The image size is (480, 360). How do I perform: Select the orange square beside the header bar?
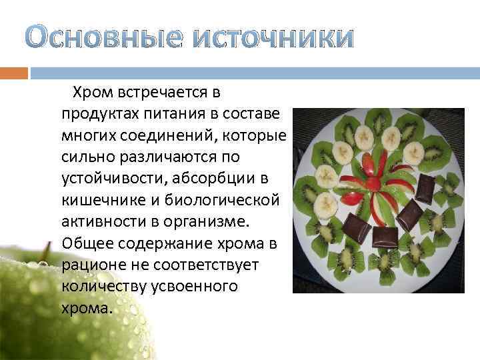click(x=14, y=72)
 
